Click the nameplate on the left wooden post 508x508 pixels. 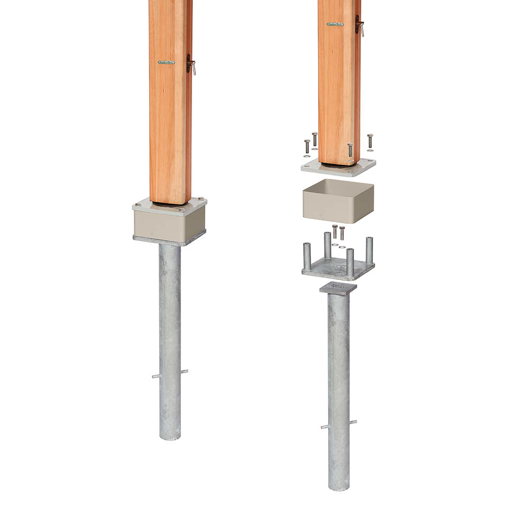tap(166, 62)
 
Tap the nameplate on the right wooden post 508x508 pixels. tap(335, 24)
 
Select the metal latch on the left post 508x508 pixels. tap(190, 64)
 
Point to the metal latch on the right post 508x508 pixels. tap(359, 25)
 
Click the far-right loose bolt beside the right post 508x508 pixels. tap(370, 141)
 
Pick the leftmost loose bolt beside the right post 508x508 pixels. tap(307, 146)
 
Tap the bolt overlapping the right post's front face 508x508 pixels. tap(350, 149)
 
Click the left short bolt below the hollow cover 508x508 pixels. tap(334, 231)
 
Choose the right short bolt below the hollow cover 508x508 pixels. tap(342, 233)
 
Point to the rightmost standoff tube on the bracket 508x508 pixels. tap(369, 250)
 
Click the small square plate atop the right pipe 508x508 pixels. tap(338, 288)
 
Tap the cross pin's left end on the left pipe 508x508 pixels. tap(154, 377)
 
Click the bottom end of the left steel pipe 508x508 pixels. tap(170, 437)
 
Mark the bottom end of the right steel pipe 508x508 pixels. tap(338, 487)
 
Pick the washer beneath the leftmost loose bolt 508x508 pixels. tap(307, 156)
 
